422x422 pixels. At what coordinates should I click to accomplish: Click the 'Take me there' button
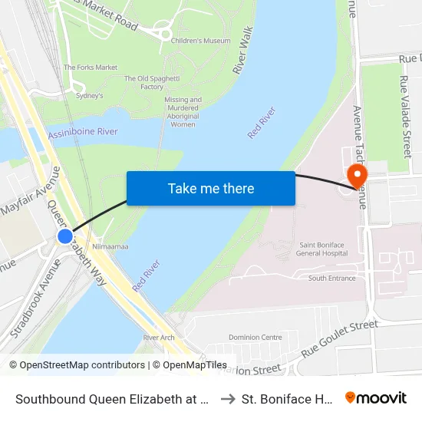coord(211,188)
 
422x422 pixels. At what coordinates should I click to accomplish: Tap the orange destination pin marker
coord(357,174)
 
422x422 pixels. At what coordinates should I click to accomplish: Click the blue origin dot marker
coord(65,236)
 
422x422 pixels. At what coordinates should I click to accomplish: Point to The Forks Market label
coord(91,68)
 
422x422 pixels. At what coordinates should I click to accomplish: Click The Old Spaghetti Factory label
coord(144,83)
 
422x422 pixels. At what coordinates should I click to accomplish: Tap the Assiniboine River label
coord(83,133)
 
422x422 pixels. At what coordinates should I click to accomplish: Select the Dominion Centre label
coord(256,337)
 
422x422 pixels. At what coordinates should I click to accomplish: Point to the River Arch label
coord(159,338)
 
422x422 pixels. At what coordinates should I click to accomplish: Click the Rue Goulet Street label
coord(339,339)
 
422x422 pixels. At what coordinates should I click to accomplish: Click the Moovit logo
coord(376,398)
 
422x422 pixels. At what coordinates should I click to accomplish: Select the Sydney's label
coord(90,95)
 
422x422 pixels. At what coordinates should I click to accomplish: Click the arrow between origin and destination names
coord(227,399)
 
